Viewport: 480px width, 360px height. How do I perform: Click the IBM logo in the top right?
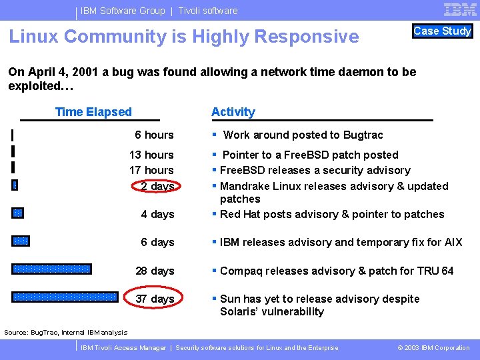(x=459, y=9)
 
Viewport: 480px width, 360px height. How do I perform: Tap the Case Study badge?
(x=442, y=31)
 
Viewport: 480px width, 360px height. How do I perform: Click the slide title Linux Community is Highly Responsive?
(x=183, y=37)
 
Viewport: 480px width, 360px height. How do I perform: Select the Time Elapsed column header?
(x=93, y=112)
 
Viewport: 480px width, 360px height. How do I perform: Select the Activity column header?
(x=233, y=112)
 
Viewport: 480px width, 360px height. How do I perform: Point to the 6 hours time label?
(x=154, y=135)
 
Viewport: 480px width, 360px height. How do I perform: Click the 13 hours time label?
(x=151, y=155)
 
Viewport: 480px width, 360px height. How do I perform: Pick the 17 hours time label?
(x=151, y=170)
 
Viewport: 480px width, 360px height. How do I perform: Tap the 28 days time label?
(x=155, y=271)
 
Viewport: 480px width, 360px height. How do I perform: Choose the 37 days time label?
(x=155, y=299)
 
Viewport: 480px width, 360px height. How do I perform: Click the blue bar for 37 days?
(x=65, y=297)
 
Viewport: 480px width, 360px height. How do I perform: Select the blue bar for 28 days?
(x=51, y=269)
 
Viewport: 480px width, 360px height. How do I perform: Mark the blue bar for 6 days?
(x=21, y=241)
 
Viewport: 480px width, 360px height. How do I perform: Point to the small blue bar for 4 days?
(x=17, y=213)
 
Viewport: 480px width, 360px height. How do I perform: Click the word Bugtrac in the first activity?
(x=362, y=135)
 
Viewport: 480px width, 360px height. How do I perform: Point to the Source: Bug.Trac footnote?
(x=65, y=332)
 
